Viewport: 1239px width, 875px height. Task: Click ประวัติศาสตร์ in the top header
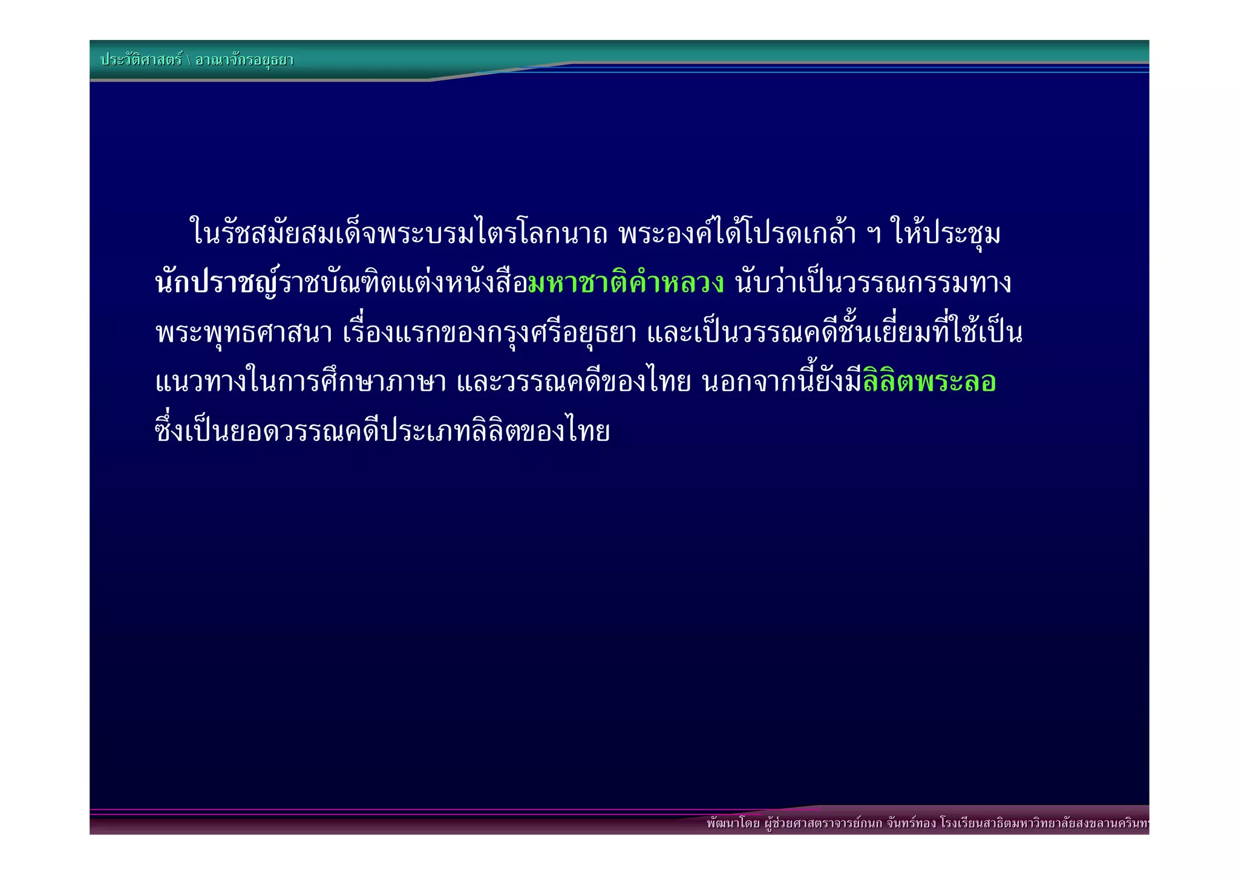click(141, 60)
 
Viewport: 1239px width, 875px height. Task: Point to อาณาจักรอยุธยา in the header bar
click(244, 60)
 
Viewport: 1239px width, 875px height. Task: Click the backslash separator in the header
click(188, 60)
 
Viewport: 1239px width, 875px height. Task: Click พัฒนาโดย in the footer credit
click(733, 823)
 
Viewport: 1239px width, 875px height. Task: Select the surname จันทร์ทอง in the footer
click(911, 823)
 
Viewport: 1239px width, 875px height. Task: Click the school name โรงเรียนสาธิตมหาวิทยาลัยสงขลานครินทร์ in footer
click(1044, 823)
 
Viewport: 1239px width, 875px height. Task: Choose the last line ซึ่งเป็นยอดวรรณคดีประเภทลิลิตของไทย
click(382, 431)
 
